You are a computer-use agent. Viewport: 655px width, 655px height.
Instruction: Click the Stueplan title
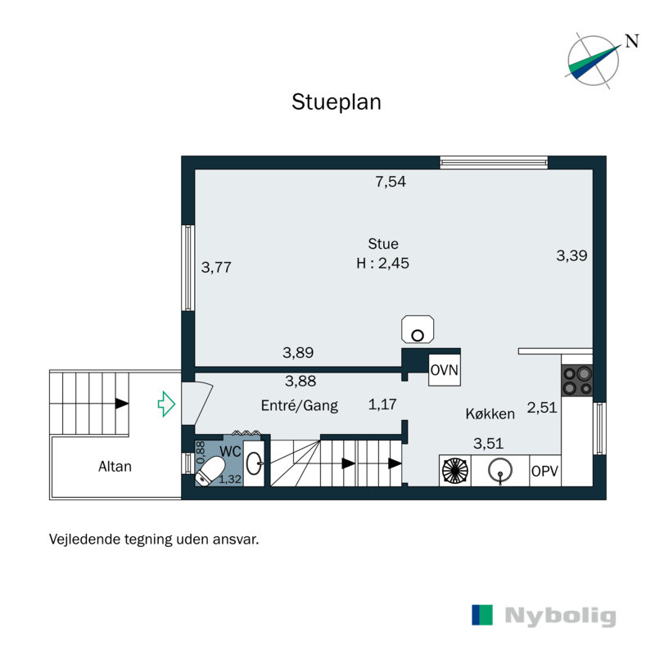(x=337, y=102)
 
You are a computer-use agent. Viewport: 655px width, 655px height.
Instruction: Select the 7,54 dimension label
(x=391, y=183)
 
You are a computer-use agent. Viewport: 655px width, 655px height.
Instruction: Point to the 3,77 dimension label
(x=217, y=266)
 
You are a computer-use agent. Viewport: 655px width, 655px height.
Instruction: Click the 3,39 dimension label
(x=571, y=255)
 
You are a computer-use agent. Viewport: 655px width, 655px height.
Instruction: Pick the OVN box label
(x=445, y=370)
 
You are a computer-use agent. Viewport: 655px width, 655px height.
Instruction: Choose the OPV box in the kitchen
(x=544, y=471)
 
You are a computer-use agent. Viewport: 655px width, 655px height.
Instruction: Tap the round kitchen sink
(x=500, y=471)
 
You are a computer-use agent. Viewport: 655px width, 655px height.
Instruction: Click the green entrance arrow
(x=167, y=403)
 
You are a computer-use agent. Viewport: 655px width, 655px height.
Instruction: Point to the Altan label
(x=115, y=467)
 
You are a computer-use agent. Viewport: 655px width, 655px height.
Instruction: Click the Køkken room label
(x=489, y=414)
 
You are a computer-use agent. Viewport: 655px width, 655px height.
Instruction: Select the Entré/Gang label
(x=299, y=404)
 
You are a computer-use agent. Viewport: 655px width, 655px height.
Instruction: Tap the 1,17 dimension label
(x=382, y=404)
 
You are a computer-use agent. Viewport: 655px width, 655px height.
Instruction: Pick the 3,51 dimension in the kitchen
(x=490, y=444)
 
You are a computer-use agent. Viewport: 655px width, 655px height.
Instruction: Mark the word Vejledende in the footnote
(x=86, y=540)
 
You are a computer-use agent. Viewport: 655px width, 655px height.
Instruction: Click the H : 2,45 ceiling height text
(x=382, y=264)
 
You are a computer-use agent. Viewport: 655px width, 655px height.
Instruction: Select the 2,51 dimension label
(x=542, y=407)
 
